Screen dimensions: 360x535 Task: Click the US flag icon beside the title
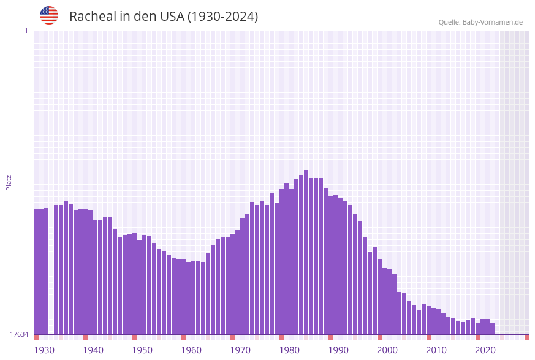click(49, 15)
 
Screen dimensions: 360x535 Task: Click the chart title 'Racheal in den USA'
click(164, 17)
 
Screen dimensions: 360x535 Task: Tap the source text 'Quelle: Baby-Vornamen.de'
click(480, 22)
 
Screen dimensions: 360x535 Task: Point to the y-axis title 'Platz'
click(9, 182)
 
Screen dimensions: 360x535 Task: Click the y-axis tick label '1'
click(26, 31)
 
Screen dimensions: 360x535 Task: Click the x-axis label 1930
click(44, 350)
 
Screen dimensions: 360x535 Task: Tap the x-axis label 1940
click(93, 350)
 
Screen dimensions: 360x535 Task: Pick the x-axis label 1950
click(142, 350)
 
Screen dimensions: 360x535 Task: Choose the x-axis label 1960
click(191, 350)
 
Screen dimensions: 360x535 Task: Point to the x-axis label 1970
click(240, 350)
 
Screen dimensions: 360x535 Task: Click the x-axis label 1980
click(289, 350)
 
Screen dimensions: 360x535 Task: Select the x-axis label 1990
click(338, 350)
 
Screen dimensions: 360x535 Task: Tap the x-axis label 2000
click(387, 350)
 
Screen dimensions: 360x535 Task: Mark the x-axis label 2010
click(436, 350)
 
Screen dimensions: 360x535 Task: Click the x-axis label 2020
click(485, 350)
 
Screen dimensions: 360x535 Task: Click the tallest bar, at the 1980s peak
click(306, 251)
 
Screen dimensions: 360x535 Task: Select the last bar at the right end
click(492, 328)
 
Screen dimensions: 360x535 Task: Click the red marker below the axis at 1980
click(281, 337)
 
